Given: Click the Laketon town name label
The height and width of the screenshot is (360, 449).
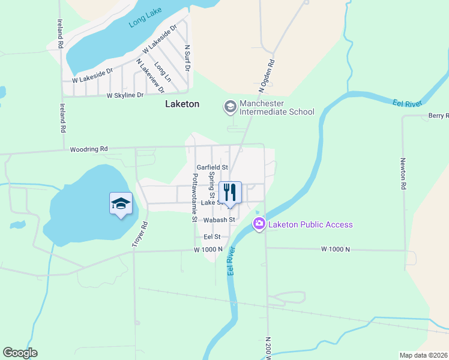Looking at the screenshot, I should point(182,104).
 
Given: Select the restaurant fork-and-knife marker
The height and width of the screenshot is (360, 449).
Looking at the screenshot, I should point(229,193).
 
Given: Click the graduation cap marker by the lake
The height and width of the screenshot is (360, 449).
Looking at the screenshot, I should point(121,203).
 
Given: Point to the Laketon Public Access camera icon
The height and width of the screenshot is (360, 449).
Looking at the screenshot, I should point(259,224).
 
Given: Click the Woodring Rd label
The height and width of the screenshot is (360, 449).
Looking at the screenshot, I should point(88,149).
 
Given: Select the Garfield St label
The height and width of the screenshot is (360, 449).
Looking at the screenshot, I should point(212,167).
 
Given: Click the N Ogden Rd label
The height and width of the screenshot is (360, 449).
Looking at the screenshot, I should point(267,76).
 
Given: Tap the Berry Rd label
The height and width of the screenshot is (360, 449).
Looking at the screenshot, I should point(438,115).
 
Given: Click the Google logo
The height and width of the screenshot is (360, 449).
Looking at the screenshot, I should point(20,353).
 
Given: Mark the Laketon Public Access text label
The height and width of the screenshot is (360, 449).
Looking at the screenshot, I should point(310,224).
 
